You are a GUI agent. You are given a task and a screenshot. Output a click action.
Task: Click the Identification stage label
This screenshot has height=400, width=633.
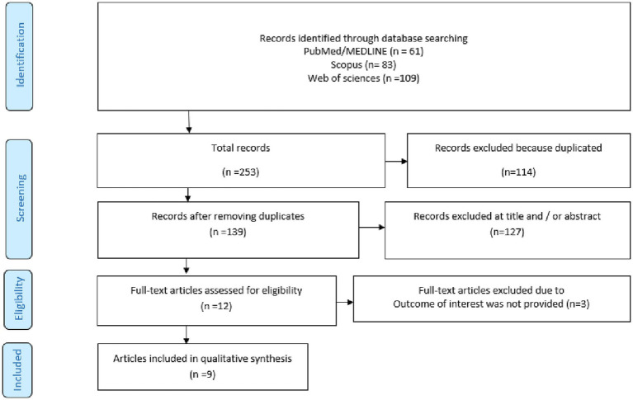point(19,56)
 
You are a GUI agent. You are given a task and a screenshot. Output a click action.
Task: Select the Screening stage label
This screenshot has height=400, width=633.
point(19,199)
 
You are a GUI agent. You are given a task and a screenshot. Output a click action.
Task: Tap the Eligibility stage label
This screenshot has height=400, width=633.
point(19,299)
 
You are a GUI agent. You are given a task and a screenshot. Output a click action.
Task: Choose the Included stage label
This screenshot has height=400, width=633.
point(18,370)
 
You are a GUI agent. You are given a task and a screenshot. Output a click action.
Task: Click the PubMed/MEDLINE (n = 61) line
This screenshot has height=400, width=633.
point(363,51)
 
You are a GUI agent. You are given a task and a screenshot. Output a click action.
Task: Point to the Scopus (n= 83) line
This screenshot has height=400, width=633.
point(363,64)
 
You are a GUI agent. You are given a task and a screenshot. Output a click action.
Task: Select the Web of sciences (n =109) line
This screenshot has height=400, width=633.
point(363,78)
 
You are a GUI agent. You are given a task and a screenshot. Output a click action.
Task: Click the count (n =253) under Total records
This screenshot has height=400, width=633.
point(241,172)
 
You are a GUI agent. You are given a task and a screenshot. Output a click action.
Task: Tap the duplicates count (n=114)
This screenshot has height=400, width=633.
point(518,172)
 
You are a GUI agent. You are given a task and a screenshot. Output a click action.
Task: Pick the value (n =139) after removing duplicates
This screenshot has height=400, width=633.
point(228,232)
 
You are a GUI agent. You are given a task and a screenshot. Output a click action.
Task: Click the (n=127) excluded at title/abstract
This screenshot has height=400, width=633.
point(507,232)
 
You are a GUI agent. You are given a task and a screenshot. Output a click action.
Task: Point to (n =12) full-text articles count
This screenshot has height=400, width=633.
point(216,306)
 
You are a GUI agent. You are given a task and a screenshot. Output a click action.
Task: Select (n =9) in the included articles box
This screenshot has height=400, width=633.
point(203,374)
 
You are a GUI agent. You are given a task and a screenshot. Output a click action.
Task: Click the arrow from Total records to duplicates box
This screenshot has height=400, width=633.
point(396,162)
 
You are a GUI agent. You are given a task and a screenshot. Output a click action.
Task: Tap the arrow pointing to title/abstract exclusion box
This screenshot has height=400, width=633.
point(372,228)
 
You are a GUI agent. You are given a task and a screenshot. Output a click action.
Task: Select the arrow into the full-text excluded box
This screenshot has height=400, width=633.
point(345,302)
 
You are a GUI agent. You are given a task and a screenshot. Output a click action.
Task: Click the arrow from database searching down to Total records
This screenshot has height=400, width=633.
point(188,122)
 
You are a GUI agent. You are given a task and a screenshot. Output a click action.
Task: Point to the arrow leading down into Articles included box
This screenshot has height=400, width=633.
point(187,335)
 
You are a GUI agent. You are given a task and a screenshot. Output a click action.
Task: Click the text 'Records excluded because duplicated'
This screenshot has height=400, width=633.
point(518,148)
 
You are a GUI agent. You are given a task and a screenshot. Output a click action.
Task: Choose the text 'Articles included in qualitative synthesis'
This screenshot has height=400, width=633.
point(202,359)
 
